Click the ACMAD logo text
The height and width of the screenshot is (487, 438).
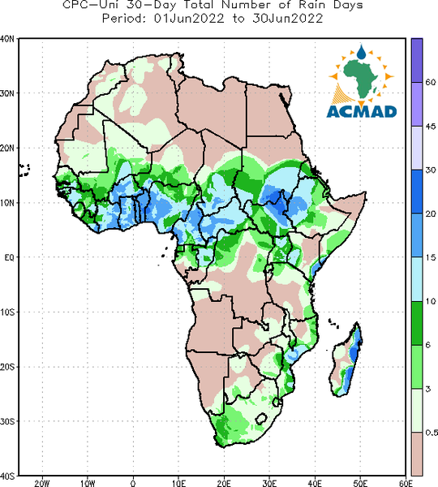pyautogui.click(x=362, y=112)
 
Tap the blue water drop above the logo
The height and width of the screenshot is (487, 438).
pyautogui.click(x=361, y=52)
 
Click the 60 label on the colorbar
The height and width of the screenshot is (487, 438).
pyautogui.click(x=431, y=82)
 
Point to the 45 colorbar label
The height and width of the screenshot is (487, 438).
pyautogui.click(x=431, y=127)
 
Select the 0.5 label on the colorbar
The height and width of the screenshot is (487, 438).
pyautogui.click(x=432, y=433)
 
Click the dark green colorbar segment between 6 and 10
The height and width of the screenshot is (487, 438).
pyautogui.click(x=417, y=323)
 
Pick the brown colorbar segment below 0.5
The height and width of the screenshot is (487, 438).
pyautogui.click(x=417, y=454)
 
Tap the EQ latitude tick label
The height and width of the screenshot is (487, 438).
pyautogui.click(x=9, y=257)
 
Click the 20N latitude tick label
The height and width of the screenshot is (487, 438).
pyautogui.click(x=7, y=149)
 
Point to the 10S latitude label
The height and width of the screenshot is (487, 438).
pyautogui.click(x=7, y=312)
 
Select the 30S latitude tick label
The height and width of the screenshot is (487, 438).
pyautogui.click(x=7, y=421)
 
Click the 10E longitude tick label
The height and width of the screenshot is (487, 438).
pyautogui.click(x=178, y=483)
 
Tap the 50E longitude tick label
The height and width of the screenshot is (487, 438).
pyautogui.click(x=360, y=483)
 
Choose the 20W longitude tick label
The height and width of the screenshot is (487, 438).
pyautogui.click(x=42, y=483)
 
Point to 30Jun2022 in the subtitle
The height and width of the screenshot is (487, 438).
pyautogui.click(x=288, y=19)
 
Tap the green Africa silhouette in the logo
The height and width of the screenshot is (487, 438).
pyautogui.click(x=361, y=78)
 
